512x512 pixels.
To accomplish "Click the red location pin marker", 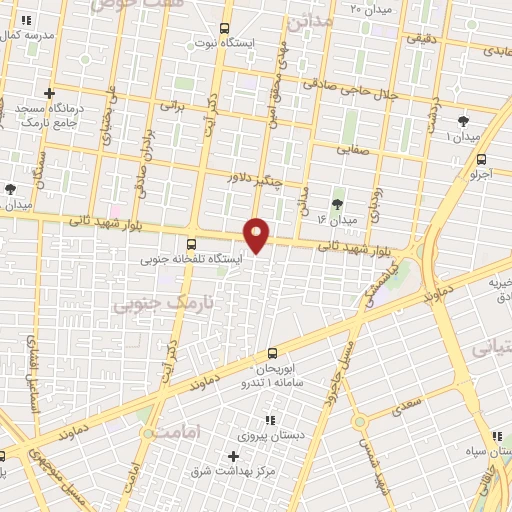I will tap(257, 234).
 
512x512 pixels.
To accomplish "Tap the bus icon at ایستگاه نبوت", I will tap(223, 28).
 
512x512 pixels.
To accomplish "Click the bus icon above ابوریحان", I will tap(273, 352).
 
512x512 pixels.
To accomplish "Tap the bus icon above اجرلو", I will tap(482, 158).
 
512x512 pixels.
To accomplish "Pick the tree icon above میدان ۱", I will tap(461, 120).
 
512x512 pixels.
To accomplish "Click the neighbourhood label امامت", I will tap(174, 431).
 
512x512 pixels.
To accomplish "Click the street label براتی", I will tap(175, 104).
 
